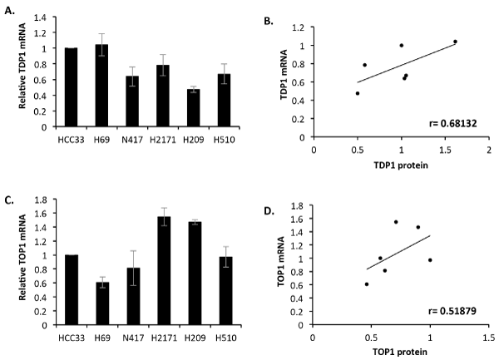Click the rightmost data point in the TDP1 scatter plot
[455, 42]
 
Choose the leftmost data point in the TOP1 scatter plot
[367, 284]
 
